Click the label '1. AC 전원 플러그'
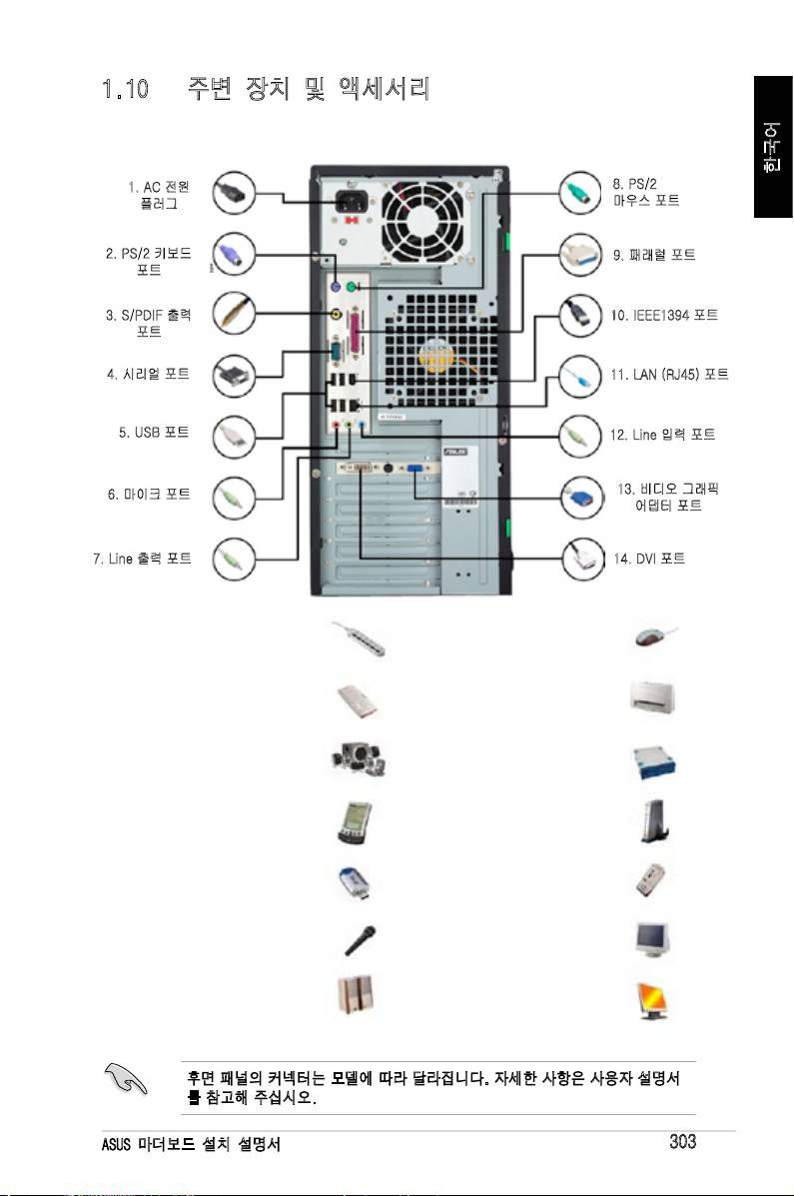coord(159,194)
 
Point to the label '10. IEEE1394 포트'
coord(665,315)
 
